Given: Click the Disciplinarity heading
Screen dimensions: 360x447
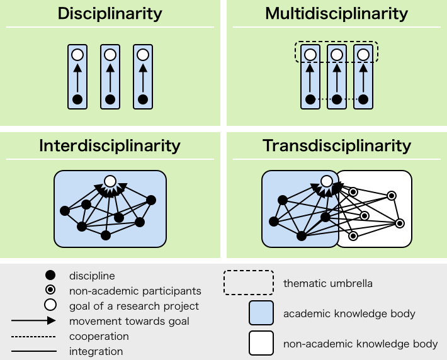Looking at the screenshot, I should click(x=110, y=13).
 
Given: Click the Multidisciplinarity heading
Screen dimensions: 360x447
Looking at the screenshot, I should click(x=336, y=13).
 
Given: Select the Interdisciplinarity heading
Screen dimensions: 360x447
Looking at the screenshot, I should click(x=110, y=146).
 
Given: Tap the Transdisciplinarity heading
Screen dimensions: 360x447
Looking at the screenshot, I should click(x=336, y=146).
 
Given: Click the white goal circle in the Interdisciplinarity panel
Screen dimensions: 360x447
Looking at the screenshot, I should click(x=110, y=181).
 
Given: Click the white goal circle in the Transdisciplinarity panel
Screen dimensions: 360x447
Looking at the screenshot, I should click(x=326, y=181).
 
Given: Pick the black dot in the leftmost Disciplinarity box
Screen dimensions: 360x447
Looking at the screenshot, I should click(x=77, y=99).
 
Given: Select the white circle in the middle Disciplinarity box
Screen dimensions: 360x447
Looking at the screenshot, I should click(x=110, y=55).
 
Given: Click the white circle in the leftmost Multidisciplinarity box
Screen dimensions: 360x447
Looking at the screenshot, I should click(x=310, y=55).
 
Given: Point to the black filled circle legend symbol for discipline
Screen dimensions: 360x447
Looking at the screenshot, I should click(x=51, y=276).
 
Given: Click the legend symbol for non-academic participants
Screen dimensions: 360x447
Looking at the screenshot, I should click(x=51, y=291).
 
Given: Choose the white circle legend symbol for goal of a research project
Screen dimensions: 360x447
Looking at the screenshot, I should click(x=51, y=306).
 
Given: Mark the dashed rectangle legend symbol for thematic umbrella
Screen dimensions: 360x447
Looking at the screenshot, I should click(x=248, y=283).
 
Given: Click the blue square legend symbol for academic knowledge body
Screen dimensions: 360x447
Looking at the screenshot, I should click(x=261, y=313).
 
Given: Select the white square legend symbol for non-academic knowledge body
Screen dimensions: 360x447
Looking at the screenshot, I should click(x=261, y=344).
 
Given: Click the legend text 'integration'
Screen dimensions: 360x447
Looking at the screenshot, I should click(x=96, y=351).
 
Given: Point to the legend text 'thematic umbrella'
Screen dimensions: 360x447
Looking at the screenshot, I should click(x=328, y=283).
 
